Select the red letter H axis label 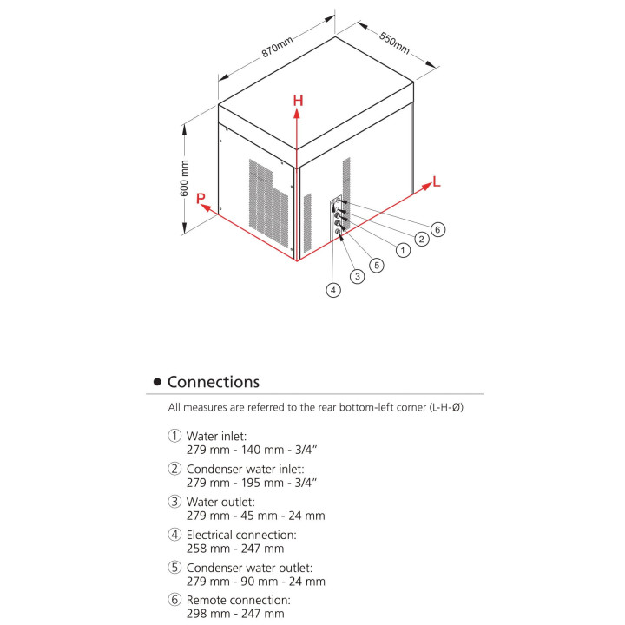tap(298, 101)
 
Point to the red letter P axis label tap(201, 199)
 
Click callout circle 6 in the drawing tap(438, 229)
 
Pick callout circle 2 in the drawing tap(421, 240)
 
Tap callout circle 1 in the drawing tap(402, 250)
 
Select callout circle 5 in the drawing tap(376, 266)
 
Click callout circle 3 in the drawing tap(357, 277)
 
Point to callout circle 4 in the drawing tap(333, 291)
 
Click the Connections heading tap(213, 382)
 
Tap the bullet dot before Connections tap(157, 383)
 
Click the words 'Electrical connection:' tap(241, 535)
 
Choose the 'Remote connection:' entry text tap(238, 600)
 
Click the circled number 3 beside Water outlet tap(175, 502)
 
